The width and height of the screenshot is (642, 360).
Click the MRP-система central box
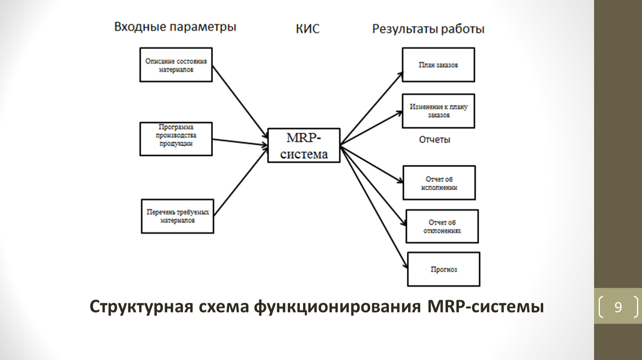(x=303, y=145)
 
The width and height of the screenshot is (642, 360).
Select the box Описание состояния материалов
(x=176, y=65)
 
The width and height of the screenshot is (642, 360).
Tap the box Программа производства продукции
(x=176, y=139)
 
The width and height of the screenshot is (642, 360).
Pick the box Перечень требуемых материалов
(x=178, y=216)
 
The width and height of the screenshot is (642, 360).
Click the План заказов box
(x=438, y=65)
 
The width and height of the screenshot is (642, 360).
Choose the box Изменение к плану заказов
(x=438, y=111)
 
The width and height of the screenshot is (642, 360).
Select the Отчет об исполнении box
(x=439, y=183)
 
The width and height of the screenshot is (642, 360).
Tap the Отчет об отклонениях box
(x=442, y=226)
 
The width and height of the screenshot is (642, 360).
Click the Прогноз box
(x=444, y=269)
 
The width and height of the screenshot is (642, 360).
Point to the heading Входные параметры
(x=175, y=27)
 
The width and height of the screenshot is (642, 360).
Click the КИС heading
(x=308, y=29)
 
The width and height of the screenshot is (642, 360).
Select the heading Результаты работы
(x=428, y=29)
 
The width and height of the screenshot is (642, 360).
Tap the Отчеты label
(x=434, y=140)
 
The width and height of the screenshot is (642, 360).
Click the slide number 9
(x=618, y=307)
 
